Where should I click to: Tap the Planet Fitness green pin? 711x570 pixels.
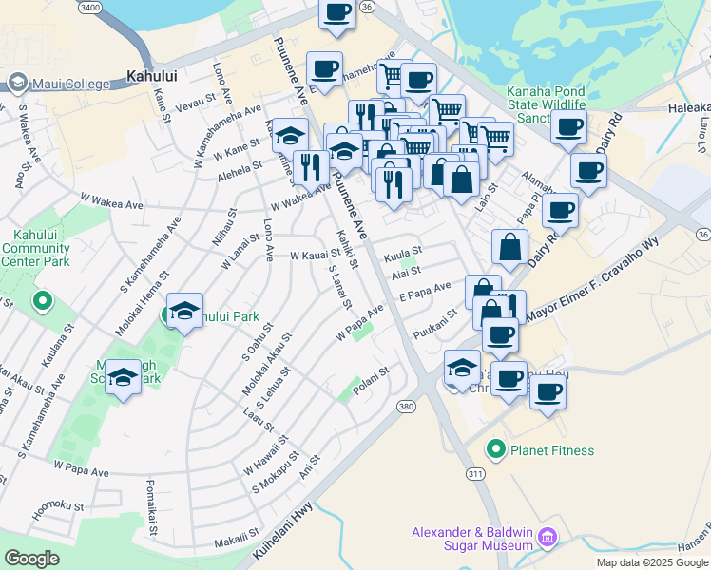pyautogui.click(x=494, y=449)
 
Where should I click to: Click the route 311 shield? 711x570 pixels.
pyautogui.click(x=475, y=472)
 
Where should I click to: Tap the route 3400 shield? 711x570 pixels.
pyautogui.click(x=91, y=8)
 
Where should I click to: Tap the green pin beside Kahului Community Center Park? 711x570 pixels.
pyautogui.click(x=42, y=302)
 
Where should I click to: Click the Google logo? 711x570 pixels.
pyautogui.click(x=31, y=559)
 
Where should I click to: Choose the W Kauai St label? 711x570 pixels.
pyautogui.click(x=315, y=256)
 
